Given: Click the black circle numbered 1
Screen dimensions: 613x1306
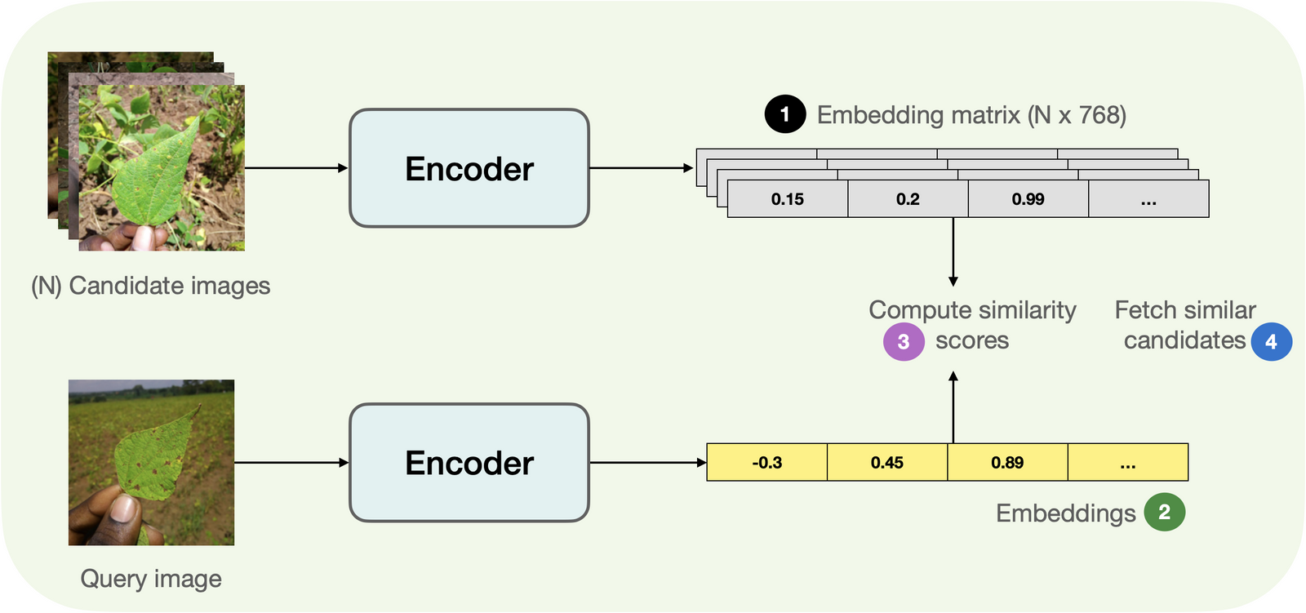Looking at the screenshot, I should pos(784,114).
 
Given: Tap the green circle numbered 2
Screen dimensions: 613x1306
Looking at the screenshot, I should pos(1164,512).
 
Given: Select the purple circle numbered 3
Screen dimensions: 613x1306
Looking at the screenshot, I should pos(904,341).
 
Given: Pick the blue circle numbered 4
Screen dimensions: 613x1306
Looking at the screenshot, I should pos(1271,341).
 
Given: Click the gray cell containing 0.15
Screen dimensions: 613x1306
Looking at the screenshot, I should pos(787,199).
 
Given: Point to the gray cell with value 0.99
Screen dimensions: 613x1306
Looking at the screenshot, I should pos(1028,199).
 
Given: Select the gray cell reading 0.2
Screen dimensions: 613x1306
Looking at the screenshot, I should pos(908,199).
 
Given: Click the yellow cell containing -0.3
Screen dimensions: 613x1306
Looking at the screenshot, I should pos(766,463).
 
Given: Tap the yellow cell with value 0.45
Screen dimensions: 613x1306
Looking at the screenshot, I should pos(886,463).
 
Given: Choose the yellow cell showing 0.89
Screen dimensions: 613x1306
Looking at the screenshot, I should pos(1007,463).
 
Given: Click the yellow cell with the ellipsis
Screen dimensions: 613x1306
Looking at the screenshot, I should pos(1127,463).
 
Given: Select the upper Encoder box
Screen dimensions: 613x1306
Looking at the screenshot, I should pos(469,168).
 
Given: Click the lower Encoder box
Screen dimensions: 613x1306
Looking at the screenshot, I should pos(469,463).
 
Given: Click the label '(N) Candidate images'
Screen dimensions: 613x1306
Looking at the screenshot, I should pos(151,286).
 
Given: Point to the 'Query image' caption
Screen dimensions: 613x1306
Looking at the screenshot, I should pos(151,579).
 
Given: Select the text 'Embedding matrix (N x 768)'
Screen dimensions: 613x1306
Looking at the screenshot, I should pos(971,115).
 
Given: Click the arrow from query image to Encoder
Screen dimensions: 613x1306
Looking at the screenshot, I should pos(291,463).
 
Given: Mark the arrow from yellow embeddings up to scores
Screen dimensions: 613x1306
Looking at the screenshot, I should pos(953,408).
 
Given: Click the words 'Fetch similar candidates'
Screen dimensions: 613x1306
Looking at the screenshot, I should pos(1184,325).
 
